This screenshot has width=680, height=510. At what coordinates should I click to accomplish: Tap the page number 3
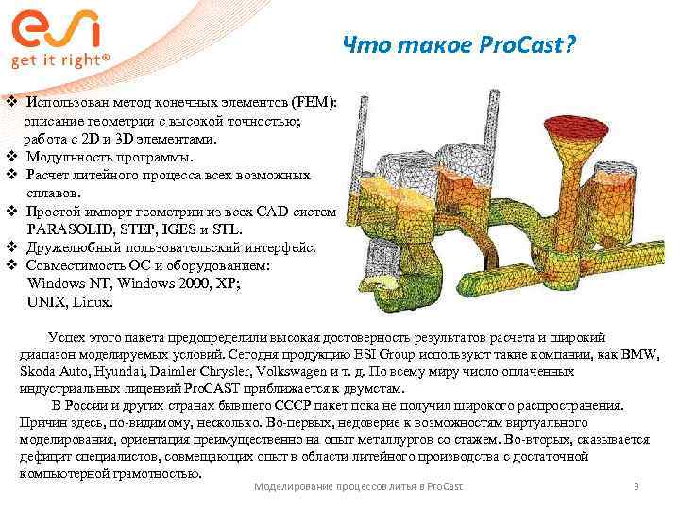point(637,485)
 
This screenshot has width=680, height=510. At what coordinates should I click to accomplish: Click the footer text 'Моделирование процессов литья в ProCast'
point(359,485)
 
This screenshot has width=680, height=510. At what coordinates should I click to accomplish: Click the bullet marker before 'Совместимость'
point(10,265)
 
